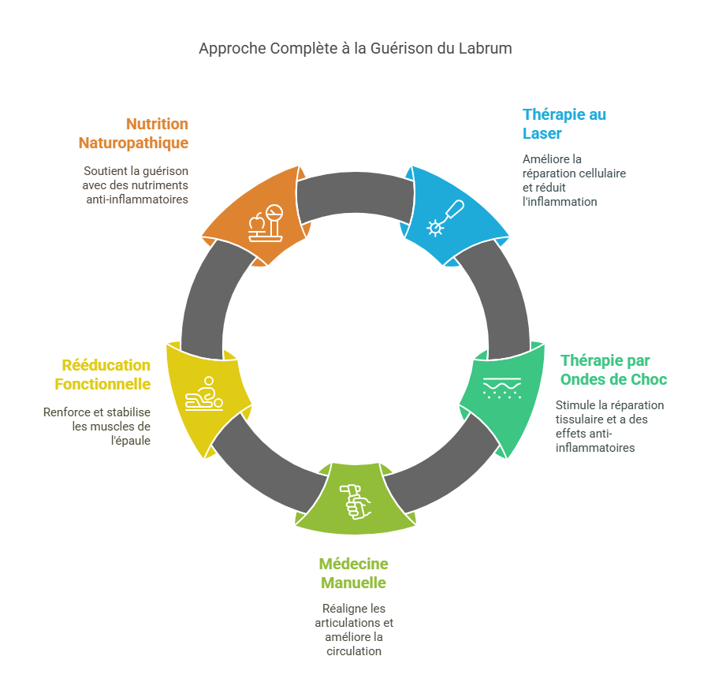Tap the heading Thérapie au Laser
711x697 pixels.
point(564,124)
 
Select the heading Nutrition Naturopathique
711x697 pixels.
point(133,133)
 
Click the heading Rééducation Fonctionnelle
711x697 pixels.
point(102,375)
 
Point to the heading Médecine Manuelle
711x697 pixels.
point(354,573)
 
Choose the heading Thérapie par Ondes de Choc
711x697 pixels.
point(613,370)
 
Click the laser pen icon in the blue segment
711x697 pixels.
point(445,218)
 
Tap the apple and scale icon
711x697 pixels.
point(266,223)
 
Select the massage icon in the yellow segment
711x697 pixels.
point(204,393)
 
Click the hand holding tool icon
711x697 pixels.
point(355,502)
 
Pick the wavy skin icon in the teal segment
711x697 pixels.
point(502,388)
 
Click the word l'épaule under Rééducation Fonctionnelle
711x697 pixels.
point(131,440)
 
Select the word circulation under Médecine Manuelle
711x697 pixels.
point(354,651)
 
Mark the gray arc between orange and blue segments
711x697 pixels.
point(355,192)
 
